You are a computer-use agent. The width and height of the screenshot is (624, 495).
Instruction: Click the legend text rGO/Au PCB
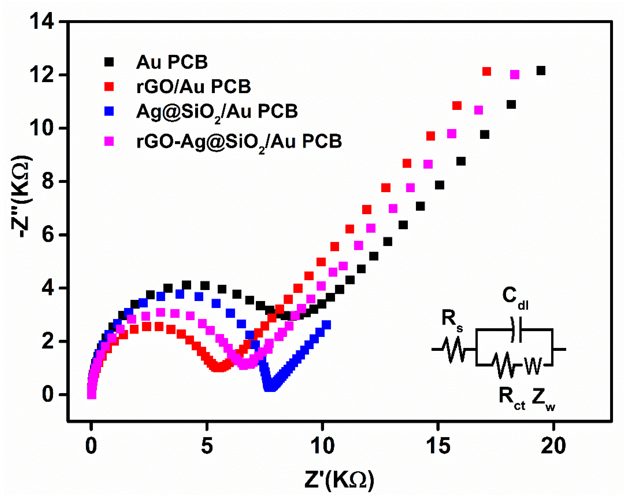193,86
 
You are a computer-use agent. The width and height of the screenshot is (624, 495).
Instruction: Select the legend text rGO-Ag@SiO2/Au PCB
239,141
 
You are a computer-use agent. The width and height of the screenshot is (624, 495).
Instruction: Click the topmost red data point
487,71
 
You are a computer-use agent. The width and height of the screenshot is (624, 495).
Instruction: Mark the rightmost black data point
541,70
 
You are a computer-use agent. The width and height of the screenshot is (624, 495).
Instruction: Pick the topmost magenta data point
514,74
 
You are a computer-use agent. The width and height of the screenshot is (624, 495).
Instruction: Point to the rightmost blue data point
326,325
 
